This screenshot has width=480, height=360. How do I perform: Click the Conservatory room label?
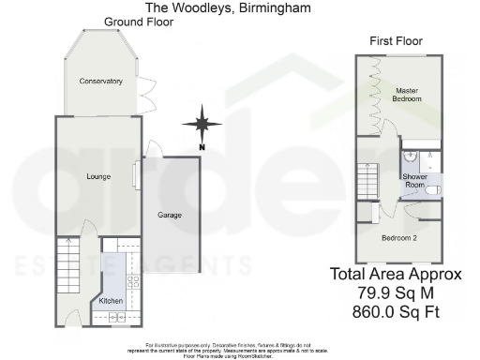[x=100, y=82]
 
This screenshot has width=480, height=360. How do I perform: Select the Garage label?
[x=170, y=215]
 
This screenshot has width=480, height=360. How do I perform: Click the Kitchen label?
[x=111, y=301]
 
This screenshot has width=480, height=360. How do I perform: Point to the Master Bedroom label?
[x=406, y=95]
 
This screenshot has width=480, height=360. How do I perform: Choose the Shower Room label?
[x=414, y=181]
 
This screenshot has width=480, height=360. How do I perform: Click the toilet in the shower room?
[x=433, y=189]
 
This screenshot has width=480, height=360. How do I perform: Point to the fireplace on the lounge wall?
[x=137, y=174]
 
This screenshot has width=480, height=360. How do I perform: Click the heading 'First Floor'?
[x=396, y=41]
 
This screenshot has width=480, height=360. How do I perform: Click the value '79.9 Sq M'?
[x=395, y=292]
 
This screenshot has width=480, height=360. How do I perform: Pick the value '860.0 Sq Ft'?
[x=395, y=311]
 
